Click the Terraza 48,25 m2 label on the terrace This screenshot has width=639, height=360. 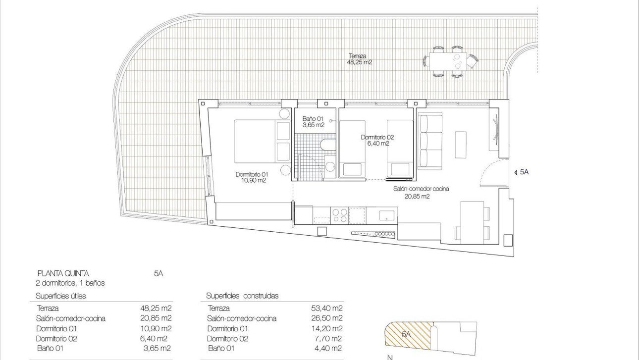[360, 59]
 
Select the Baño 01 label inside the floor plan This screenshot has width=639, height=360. [313, 122]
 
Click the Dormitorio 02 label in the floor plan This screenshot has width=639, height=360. [377, 140]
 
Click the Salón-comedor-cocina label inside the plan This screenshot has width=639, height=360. [421, 192]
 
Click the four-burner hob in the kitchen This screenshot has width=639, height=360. [339, 215]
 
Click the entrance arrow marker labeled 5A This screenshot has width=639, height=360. [522, 172]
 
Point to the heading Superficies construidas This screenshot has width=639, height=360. [242, 296]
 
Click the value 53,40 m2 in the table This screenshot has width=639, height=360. [327, 308]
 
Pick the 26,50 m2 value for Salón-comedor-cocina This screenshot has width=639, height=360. [327, 318]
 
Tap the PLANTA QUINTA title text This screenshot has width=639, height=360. [63, 273]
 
